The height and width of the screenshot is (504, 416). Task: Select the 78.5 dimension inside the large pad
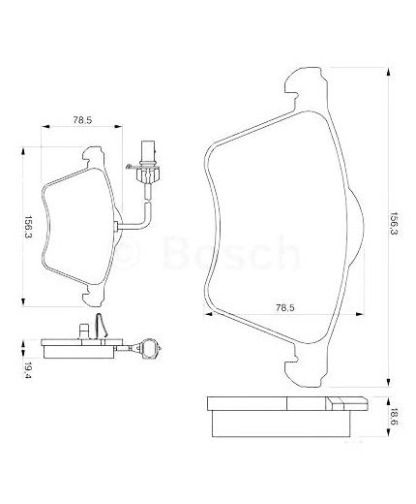pyautogui.click(x=282, y=307)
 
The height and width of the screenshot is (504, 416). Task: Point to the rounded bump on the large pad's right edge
pyautogui.click(x=355, y=225)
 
